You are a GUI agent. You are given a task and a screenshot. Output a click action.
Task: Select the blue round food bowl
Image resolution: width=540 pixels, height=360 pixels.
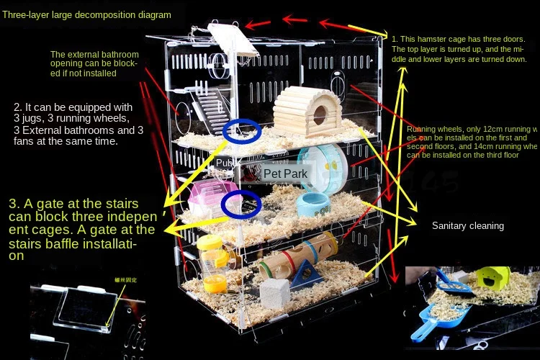click(313, 204)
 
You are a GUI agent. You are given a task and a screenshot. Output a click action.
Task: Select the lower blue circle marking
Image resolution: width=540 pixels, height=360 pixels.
click(241, 204)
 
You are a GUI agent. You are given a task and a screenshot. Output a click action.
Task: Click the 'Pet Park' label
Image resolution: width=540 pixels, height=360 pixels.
click(285, 174)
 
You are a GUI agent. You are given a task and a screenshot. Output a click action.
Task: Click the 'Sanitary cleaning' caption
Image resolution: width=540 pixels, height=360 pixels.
click(467, 225)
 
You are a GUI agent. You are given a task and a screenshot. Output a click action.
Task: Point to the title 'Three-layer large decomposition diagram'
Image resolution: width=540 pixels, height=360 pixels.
click(87, 14)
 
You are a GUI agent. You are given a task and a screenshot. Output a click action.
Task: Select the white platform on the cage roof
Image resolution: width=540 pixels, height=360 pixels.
click(230, 40)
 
